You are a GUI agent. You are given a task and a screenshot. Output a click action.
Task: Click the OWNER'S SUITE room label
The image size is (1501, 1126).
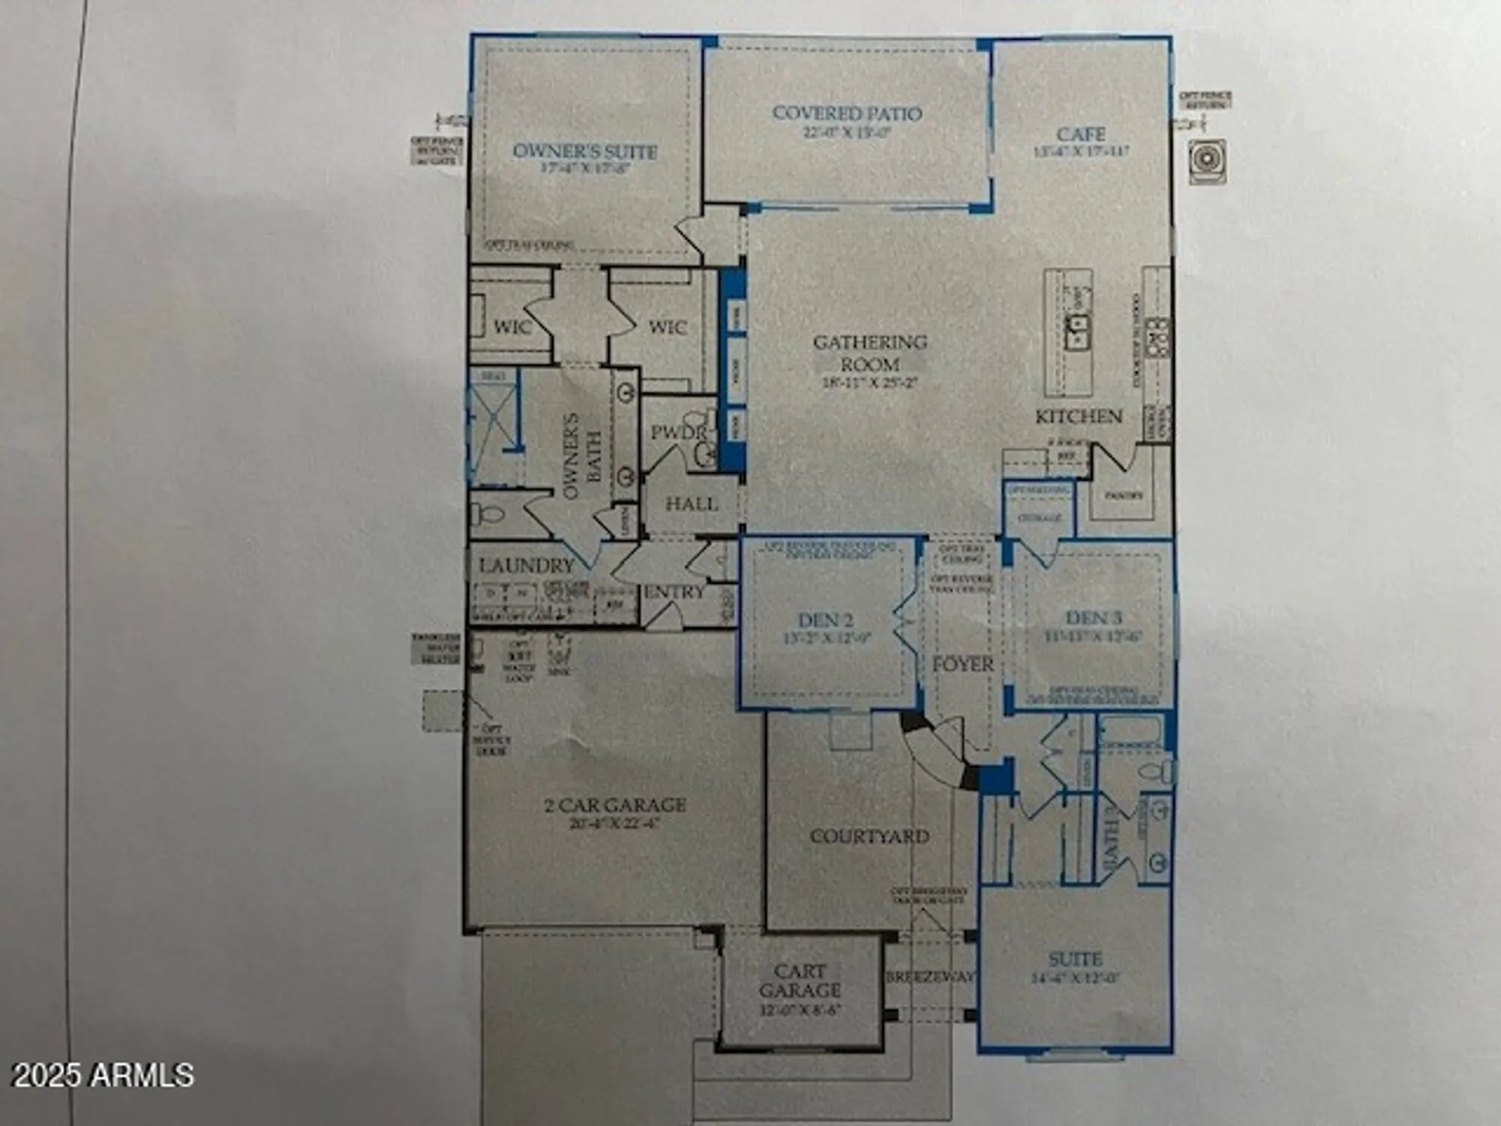pos(585,151)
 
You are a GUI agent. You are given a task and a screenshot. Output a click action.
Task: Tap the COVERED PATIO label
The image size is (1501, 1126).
pos(847,113)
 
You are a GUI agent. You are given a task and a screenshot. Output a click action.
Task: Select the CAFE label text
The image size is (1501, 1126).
pos(1081,134)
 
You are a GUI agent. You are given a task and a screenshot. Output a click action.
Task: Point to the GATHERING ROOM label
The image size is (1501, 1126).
pos(870,353)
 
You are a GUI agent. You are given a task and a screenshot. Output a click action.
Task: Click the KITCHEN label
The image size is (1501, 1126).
pos(1078,417)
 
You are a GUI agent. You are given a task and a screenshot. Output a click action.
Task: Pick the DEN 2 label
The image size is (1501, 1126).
pos(825,620)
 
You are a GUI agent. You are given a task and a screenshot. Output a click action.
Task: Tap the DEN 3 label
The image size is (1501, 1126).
pos(1093,618)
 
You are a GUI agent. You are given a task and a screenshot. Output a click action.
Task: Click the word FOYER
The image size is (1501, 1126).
pos(963,664)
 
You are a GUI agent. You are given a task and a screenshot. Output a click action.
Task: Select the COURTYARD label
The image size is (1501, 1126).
pos(869,835)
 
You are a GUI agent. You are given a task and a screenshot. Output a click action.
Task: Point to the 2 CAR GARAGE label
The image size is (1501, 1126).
pos(615,805)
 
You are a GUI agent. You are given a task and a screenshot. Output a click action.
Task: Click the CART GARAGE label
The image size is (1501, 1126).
pos(799,981)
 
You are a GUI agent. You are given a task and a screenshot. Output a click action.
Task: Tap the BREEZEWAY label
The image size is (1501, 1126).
pos(930,977)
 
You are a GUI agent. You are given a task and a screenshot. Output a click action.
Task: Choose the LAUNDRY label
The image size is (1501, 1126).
pos(526,565)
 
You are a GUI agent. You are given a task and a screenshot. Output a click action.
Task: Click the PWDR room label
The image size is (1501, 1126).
pos(678,433)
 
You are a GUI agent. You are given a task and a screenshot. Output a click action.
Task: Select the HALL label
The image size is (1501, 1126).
pos(691,504)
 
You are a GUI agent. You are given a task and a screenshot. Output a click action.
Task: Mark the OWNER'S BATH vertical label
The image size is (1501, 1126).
pos(582,456)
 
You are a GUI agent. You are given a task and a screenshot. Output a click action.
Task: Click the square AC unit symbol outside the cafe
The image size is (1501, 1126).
pos(1208,161)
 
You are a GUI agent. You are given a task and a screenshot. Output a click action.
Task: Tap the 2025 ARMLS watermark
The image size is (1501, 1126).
pos(104,1075)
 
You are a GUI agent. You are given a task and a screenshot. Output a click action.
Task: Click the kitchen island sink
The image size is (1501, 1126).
pos(1078,332)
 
